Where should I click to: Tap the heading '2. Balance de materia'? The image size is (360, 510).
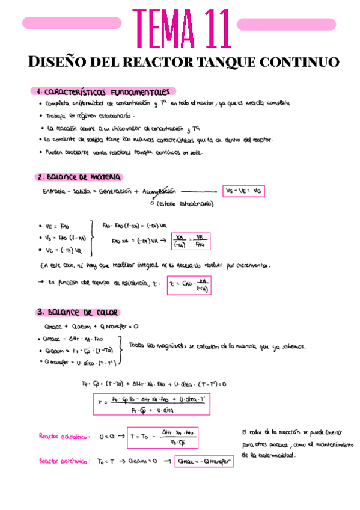pos(79,177)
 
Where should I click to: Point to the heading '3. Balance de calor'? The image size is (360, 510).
pos(78,312)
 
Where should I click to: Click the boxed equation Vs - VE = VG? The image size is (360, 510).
pos(243,191)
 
